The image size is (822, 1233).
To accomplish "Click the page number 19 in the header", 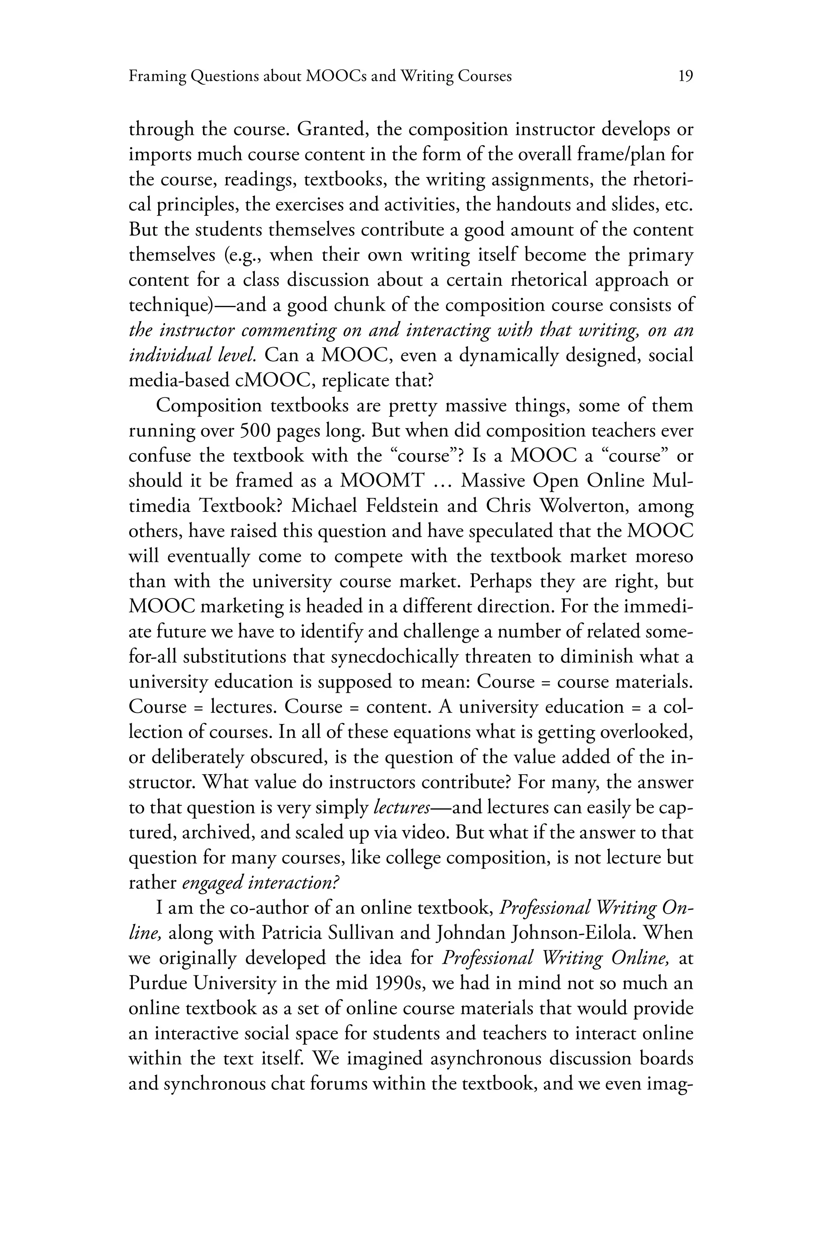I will pos(685,77).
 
